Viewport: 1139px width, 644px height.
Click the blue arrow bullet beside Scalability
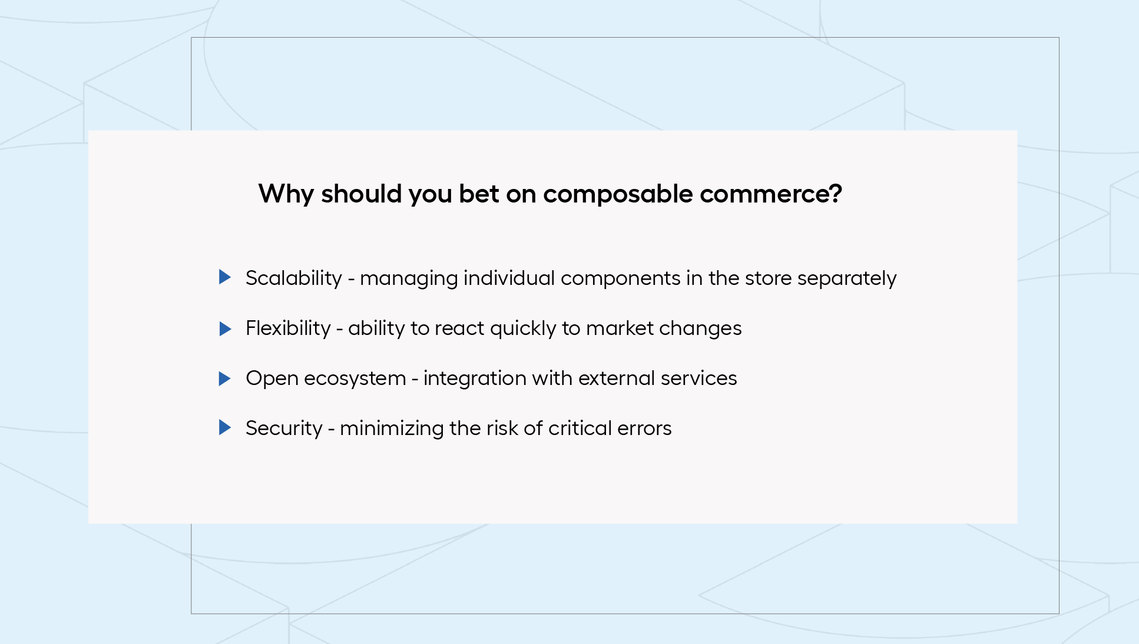pos(225,277)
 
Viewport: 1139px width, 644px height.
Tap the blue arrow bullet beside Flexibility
pos(225,328)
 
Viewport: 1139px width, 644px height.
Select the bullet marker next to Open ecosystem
pos(225,379)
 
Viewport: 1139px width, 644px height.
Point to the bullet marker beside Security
pos(225,427)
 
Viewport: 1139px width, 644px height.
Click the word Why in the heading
pos(286,194)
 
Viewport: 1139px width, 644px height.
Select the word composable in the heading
pos(618,194)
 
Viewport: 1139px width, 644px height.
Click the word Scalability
pos(294,278)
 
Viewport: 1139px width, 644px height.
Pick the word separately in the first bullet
pos(847,278)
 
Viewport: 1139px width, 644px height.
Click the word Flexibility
pos(288,328)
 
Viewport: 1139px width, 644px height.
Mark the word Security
pos(284,429)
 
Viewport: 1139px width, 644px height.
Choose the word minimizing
pos(392,429)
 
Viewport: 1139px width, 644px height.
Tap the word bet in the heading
pos(479,194)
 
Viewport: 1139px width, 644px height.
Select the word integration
pos(475,379)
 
